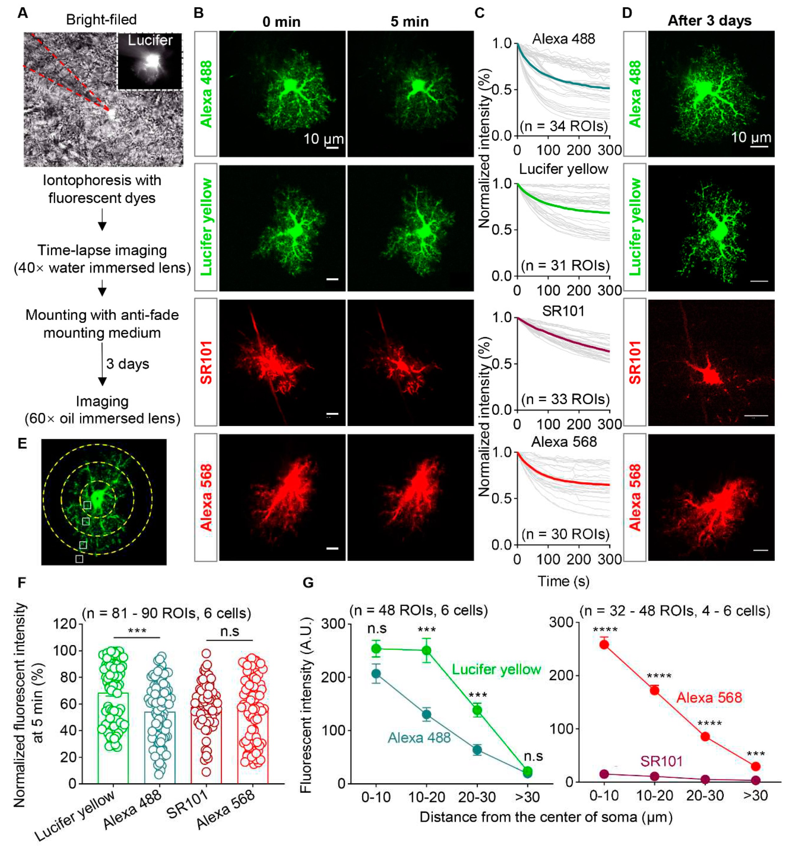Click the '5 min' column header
[409, 21]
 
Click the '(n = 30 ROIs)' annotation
[565, 534]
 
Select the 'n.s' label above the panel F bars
[230, 631]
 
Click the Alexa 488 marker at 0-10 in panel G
[376, 674]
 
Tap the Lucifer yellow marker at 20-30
[477, 710]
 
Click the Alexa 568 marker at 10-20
[654, 690]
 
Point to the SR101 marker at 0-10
[604, 774]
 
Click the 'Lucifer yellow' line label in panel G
[496, 669]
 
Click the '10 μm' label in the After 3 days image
[751, 137]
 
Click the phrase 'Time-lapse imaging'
[102, 250]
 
